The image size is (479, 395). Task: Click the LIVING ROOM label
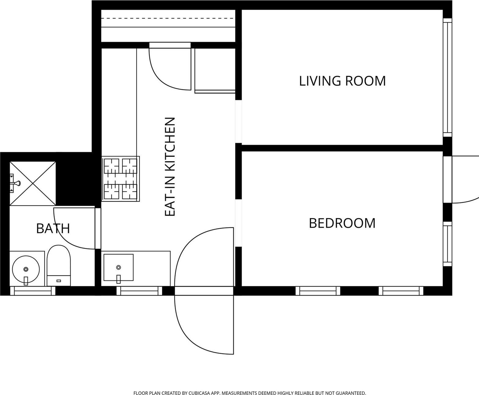point(342,81)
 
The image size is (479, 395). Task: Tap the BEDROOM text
point(342,223)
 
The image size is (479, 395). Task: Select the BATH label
point(53,228)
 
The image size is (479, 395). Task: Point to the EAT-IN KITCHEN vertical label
point(170,167)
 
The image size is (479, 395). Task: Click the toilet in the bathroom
point(59,264)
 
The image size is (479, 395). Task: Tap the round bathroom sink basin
point(26,269)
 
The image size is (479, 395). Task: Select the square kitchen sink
point(118,268)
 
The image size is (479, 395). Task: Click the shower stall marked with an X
point(33,183)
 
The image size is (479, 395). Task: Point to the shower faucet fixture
point(15,183)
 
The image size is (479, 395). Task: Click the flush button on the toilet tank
point(59,281)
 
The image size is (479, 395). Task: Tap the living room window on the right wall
point(447,77)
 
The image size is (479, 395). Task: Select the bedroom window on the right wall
point(447,244)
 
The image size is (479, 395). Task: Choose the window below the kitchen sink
point(139,291)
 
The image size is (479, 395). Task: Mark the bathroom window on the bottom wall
point(33,291)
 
